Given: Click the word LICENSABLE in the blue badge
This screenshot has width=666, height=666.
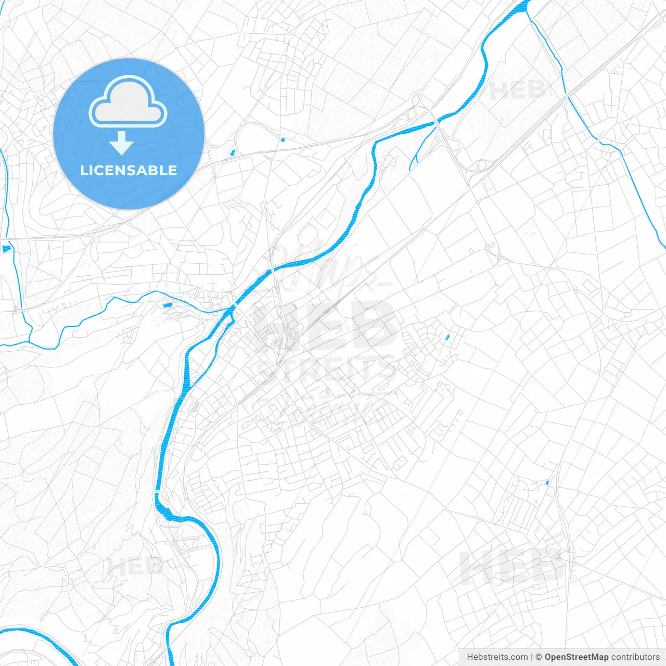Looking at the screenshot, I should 129,170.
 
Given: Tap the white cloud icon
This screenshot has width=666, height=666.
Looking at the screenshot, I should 128,102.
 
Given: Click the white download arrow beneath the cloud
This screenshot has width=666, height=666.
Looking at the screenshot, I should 122,143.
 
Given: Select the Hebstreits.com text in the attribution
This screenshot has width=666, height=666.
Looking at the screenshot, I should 497,657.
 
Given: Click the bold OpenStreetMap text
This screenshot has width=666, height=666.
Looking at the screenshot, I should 576,657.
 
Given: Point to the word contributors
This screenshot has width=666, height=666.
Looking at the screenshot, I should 635,657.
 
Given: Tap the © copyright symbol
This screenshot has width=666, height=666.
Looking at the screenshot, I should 539,657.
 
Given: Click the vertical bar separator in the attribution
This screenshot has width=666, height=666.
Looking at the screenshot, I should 532,657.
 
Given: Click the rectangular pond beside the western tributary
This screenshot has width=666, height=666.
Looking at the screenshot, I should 167,305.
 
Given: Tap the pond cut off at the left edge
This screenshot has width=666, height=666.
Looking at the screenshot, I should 6,249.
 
